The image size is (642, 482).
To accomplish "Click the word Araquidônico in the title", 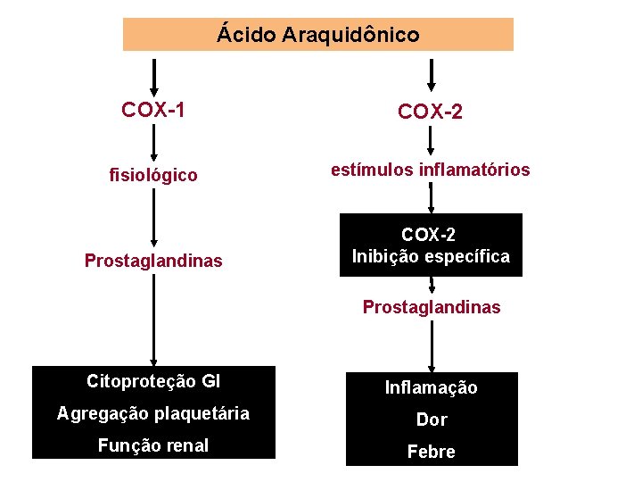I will tap(350, 35).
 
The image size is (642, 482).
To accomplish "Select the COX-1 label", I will tap(153, 110).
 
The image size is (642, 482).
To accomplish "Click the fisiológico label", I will tap(153, 175).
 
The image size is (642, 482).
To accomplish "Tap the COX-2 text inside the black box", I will tap(430, 235).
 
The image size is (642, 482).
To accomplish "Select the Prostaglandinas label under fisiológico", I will tap(153, 261).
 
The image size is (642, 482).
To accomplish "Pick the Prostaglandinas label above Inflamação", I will tap(432, 307).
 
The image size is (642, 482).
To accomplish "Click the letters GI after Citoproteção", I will tap(211, 381).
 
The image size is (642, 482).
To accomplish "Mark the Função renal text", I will tap(154, 445).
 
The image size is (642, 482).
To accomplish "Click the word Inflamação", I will tap(431, 387).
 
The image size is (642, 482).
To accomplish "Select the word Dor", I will tap(432, 420).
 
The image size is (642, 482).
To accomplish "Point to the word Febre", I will tap(431, 452).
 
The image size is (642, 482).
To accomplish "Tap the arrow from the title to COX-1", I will tap(154, 77).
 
